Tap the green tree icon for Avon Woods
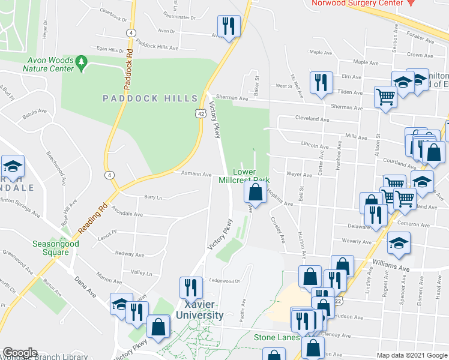click(x=82, y=61)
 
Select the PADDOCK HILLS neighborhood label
click(x=150, y=98)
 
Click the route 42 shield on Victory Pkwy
click(x=200, y=113)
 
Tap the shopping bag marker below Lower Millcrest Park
click(x=255, y=193)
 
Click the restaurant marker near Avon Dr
click(x=229, y=26)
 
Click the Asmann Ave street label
click(x=196, y=175)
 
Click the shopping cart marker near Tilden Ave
click(x=385, y=96)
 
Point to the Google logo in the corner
click(x=20, y=353)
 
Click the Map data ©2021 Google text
click(x=411, y=355)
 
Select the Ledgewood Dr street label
click(x=224, y=280)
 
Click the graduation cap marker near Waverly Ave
click(x=399, y=244)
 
